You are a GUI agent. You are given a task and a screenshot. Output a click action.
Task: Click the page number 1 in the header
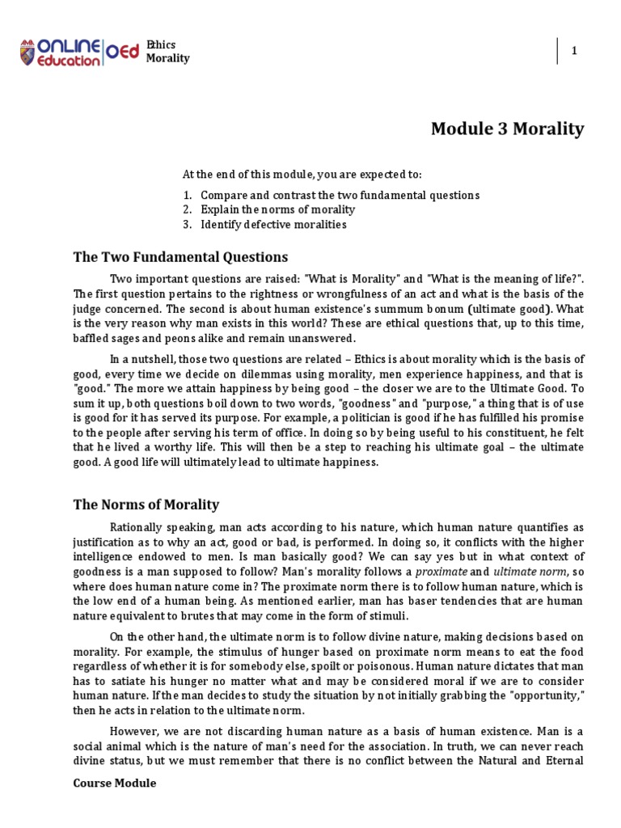click(x=574, y=51)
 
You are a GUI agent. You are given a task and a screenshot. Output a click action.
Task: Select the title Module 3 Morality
click(x=507, y=129)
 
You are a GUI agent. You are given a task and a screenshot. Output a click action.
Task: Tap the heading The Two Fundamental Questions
click(x=180, y=257)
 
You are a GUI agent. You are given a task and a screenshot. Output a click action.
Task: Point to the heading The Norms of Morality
click(x=146, y=505)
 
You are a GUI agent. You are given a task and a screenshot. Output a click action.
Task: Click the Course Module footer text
click(x=115, y=784)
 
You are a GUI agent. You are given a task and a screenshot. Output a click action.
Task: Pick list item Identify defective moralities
click(x=273, y=225)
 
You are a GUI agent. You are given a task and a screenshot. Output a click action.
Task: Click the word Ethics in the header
click(x=161, y=44)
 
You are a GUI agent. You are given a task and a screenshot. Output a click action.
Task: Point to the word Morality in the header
click(x=167, y=58)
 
